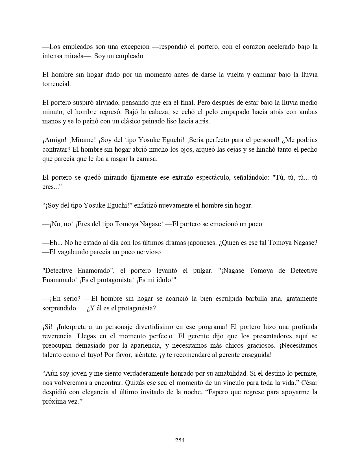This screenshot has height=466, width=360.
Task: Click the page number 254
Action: tap(180, 440)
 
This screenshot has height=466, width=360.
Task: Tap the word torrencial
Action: tap(56, 84)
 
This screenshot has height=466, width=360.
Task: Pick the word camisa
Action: tap(147, 159)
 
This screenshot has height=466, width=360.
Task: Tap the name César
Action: tap(309, 383)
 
